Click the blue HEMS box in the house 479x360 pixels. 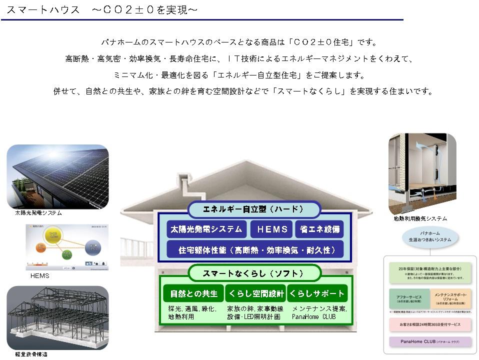(x=271, y=229)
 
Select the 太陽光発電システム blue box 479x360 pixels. (x=206, y=229)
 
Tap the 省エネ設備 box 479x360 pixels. (x=319, y=229)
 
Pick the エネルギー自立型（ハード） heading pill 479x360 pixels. (x=254, y=209)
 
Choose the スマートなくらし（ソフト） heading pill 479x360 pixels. (x=254, y=273)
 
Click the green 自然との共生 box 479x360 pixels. (x=193, y=293)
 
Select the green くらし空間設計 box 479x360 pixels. (x=255, y=293)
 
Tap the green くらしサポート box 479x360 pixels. (x=317, y=293)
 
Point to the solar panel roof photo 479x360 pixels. (x=57, y=176)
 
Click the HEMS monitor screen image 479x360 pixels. (x=66, y=247)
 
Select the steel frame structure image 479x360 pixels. (x=57, y=318)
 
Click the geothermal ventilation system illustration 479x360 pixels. (x=422, y=173)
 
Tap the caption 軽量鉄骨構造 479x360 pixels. (x=31, y=354)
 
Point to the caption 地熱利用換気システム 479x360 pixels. (x=420, y=218)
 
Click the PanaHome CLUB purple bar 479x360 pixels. (x=430, y=342)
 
